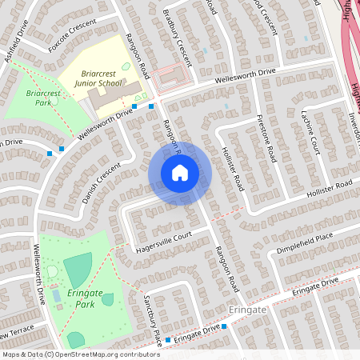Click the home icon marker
click(x=180, y=173)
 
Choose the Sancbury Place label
click(x=152, y=321)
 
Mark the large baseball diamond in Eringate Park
click(x=78, y=270)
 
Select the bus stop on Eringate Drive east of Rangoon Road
click(x=225, y=326)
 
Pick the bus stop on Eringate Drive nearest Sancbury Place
click(x=168, y=340)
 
